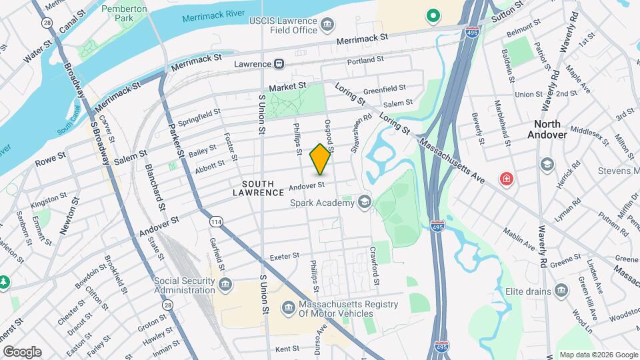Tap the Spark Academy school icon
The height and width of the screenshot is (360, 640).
[x=364, y=201]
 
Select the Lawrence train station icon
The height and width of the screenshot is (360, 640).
[x=279, y=64]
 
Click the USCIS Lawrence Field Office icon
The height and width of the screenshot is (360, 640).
[x=328, y=26]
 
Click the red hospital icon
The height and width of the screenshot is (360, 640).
[x=507, y=179]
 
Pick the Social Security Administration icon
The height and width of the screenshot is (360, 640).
[x=225, y=285]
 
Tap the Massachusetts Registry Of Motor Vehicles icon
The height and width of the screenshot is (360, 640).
[x=288, y=307]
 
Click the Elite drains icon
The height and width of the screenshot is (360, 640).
[x=561, y=291]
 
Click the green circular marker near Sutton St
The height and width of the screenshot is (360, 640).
[x=433, y=15]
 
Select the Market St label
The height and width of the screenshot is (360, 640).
[x=287, y=87]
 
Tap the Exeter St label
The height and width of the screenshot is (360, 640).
[x=287, y=257]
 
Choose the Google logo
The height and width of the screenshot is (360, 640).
[x=22, y=352]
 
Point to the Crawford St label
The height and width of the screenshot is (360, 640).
[x=375, y=265]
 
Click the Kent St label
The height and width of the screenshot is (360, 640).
[x=287, y=349]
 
